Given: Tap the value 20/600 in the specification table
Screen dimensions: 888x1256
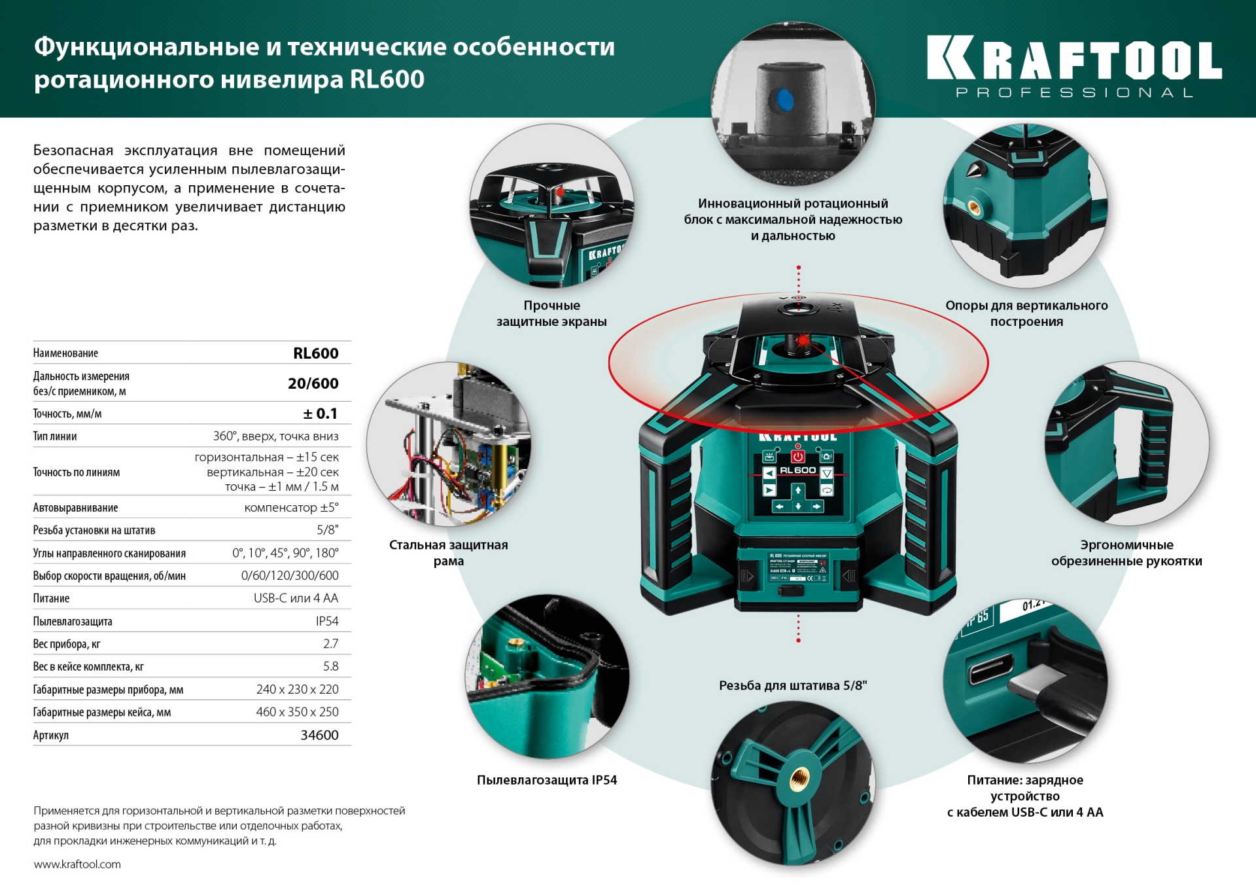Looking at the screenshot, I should [313, 383].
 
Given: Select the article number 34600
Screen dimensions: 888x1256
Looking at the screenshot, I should [319, 735].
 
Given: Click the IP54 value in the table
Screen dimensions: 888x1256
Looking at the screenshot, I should [327, 621].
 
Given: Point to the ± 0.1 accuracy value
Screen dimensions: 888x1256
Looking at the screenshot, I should [320, 414].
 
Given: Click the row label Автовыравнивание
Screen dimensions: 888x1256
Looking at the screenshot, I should [75, 508].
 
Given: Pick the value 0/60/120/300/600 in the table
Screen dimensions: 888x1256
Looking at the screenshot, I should [290, 576].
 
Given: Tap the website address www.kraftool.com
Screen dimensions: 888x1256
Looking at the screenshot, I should [77, 864].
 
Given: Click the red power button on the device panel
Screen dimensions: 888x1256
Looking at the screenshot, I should [797, 456].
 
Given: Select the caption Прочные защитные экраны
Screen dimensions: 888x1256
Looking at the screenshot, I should [551, 313].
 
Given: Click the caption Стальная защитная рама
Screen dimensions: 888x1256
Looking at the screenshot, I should [449, 553].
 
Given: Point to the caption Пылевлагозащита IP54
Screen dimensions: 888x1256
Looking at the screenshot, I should [547, 780].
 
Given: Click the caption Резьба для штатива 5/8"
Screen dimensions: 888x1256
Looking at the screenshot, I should [792, 686].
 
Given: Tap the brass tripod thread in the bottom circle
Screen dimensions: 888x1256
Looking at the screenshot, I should [798, 778].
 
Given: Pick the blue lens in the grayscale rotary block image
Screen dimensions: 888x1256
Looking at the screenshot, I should [784, 100].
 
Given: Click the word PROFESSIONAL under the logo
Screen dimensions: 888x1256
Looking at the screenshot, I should [1074, 93].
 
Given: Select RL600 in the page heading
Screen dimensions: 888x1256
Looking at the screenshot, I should [387, 79].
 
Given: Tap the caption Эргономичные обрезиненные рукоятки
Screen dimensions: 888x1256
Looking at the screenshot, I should [1126, 553].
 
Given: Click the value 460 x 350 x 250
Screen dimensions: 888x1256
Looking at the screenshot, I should [297, 712].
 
